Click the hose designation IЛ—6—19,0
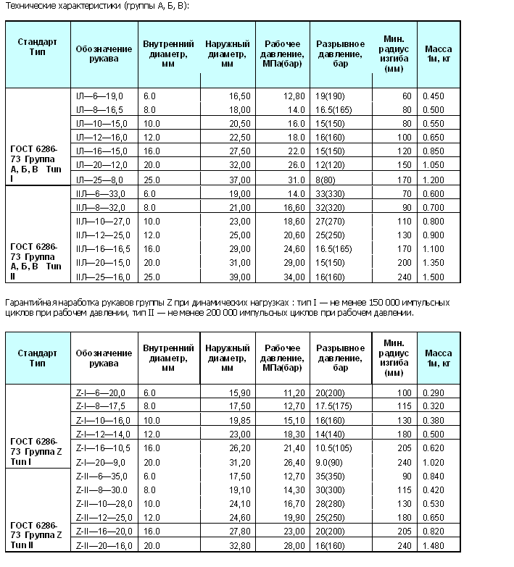99,96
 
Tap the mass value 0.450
433,96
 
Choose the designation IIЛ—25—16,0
104,276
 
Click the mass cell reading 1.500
433,276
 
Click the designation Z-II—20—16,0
104,544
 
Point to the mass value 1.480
433,544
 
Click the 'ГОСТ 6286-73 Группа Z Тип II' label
37,534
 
